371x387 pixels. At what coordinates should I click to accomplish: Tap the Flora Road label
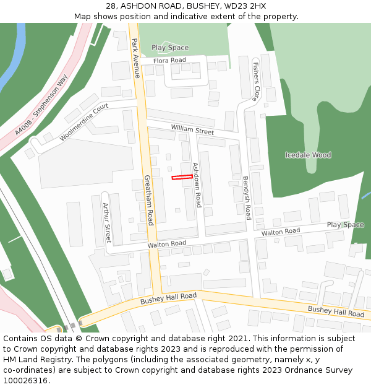click(170, 60)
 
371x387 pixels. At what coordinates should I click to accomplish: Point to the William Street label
click(192, 130)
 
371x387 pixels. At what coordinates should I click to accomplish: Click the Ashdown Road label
click(197, 185)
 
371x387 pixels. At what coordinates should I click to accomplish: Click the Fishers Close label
click(255, 80)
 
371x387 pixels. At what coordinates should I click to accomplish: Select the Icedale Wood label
click(308, 155)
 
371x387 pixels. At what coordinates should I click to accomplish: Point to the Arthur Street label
click(106, 222)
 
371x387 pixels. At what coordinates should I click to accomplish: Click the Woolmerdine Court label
click(84, 122)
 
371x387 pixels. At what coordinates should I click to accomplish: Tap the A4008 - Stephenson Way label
click(41, 105)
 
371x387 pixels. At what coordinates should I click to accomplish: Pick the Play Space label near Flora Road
click(170, 48)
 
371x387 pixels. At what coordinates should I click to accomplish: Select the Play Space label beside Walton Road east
click(346, 225)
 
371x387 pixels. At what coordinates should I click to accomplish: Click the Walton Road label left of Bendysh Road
click(166, 245)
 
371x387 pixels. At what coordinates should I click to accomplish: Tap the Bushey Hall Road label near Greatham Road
click(168, 298)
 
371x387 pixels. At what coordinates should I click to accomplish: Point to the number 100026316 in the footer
click(24, 380)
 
